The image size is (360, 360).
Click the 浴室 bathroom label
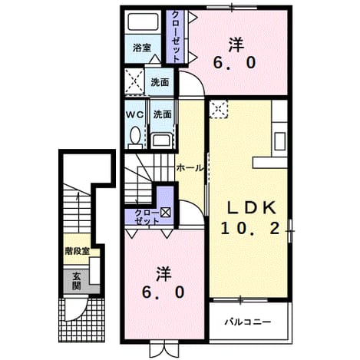point(142,48)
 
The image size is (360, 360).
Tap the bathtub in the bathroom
point(142,22)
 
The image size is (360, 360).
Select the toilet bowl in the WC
point(135,136)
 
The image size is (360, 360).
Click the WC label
point(134,115)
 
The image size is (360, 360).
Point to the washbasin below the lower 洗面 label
point(161,140)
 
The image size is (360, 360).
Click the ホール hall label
point(190,168)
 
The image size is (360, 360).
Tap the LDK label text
point(252,208)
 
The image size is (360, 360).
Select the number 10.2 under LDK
point(249,229)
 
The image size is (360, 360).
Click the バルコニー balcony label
point(248,322)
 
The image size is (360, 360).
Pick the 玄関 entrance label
point(76,281)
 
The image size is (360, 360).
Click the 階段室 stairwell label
point(78,251)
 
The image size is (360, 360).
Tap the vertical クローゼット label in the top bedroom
point(175,37)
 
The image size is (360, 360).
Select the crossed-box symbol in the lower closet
point(165,212)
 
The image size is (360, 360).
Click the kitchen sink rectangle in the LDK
point(279,141)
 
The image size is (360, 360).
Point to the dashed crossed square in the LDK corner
point(218,109)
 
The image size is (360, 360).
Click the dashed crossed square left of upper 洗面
point(135,82)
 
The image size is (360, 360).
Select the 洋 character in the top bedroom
point(236,45)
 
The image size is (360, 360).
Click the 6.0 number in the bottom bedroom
point(163,292)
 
